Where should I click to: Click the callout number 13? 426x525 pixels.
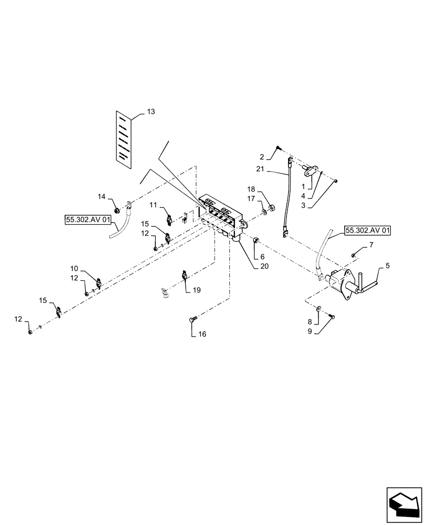point(151,112)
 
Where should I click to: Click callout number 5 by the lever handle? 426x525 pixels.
point(387,266)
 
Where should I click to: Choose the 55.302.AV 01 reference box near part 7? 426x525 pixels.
point(367,230)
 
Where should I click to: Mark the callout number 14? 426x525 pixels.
point(102,196)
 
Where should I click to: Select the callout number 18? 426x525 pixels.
point(251,188)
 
